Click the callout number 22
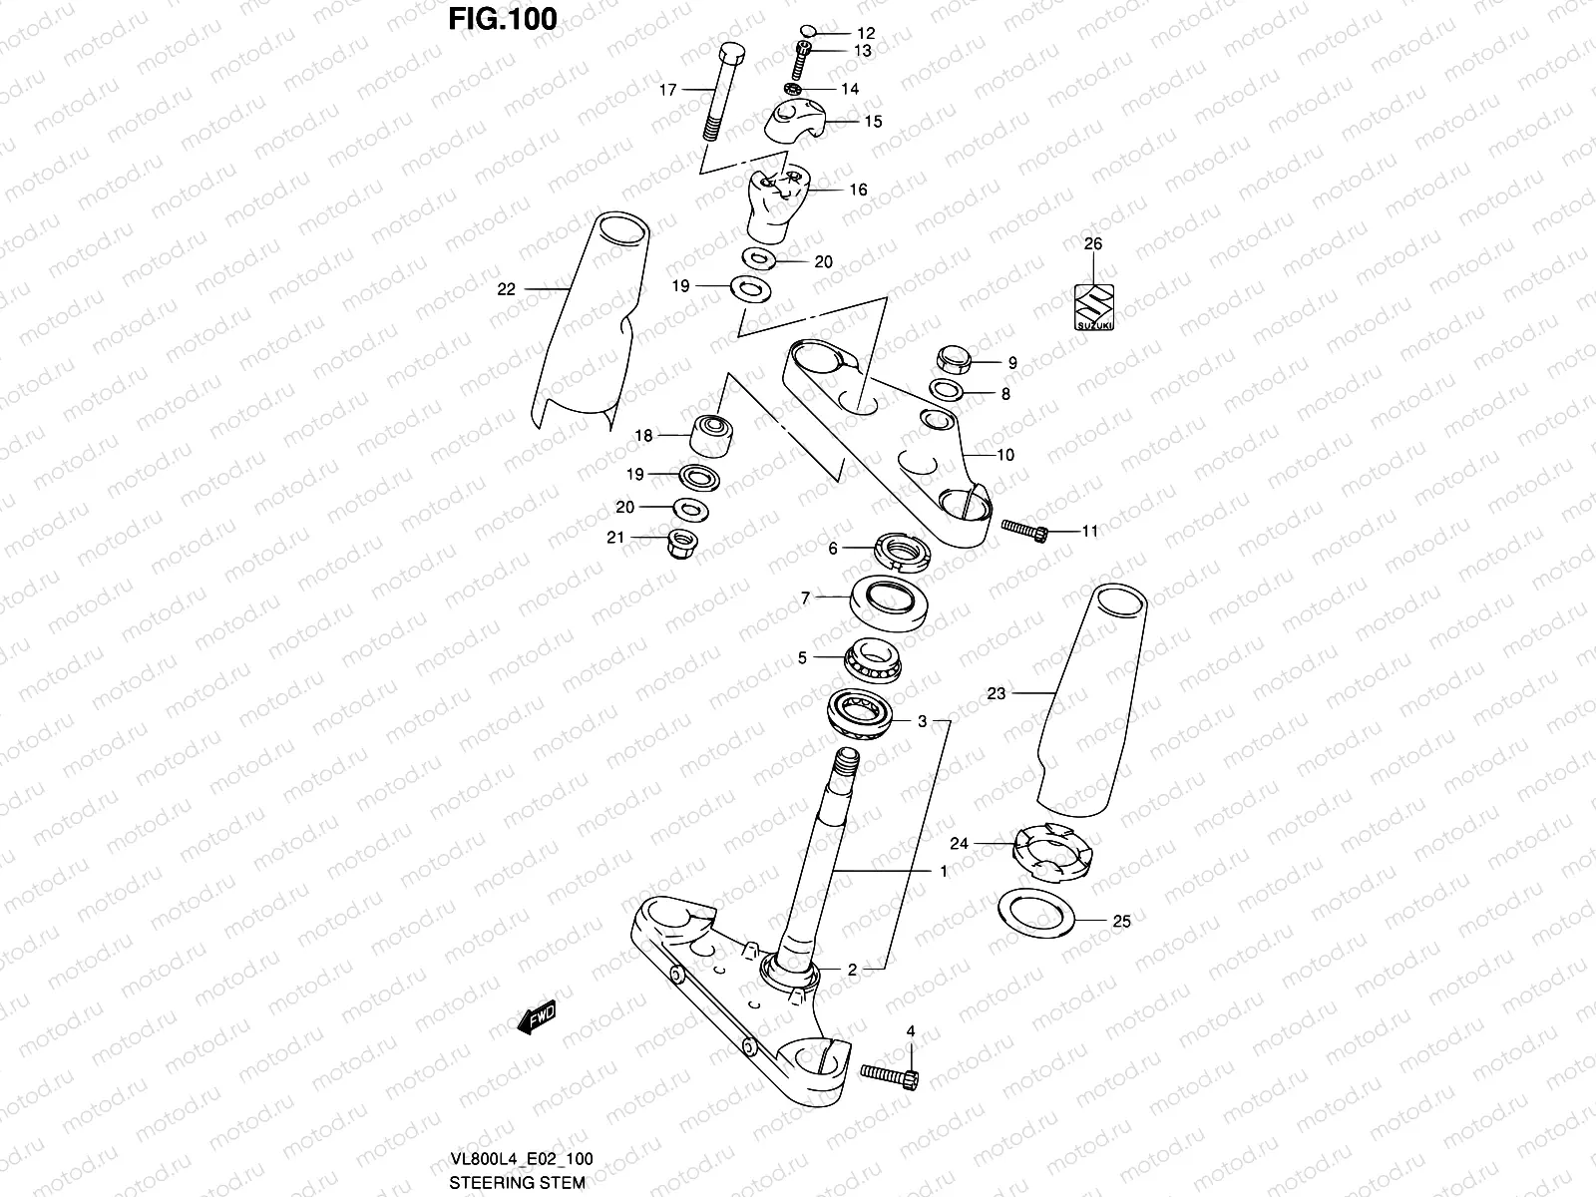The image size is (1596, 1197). click(507, 289)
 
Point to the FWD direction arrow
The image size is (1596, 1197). click(537, 1016)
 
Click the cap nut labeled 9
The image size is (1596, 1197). click(953, 360)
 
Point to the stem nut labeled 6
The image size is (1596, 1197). click(902, 552)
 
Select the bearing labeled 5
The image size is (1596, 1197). click(872, 660)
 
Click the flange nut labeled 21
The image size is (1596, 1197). click(681, 544)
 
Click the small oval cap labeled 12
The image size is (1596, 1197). click(809, 32)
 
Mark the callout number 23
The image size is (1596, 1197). click(996, 694)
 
